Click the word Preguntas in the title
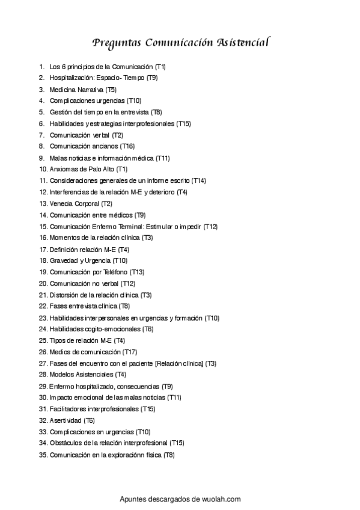(117, 43)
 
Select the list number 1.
(41, 66)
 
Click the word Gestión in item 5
(61, 112)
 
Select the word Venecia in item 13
(61, 203)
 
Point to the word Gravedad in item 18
(64, 260)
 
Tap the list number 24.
(43, 329)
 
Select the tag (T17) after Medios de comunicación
(130, 352)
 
